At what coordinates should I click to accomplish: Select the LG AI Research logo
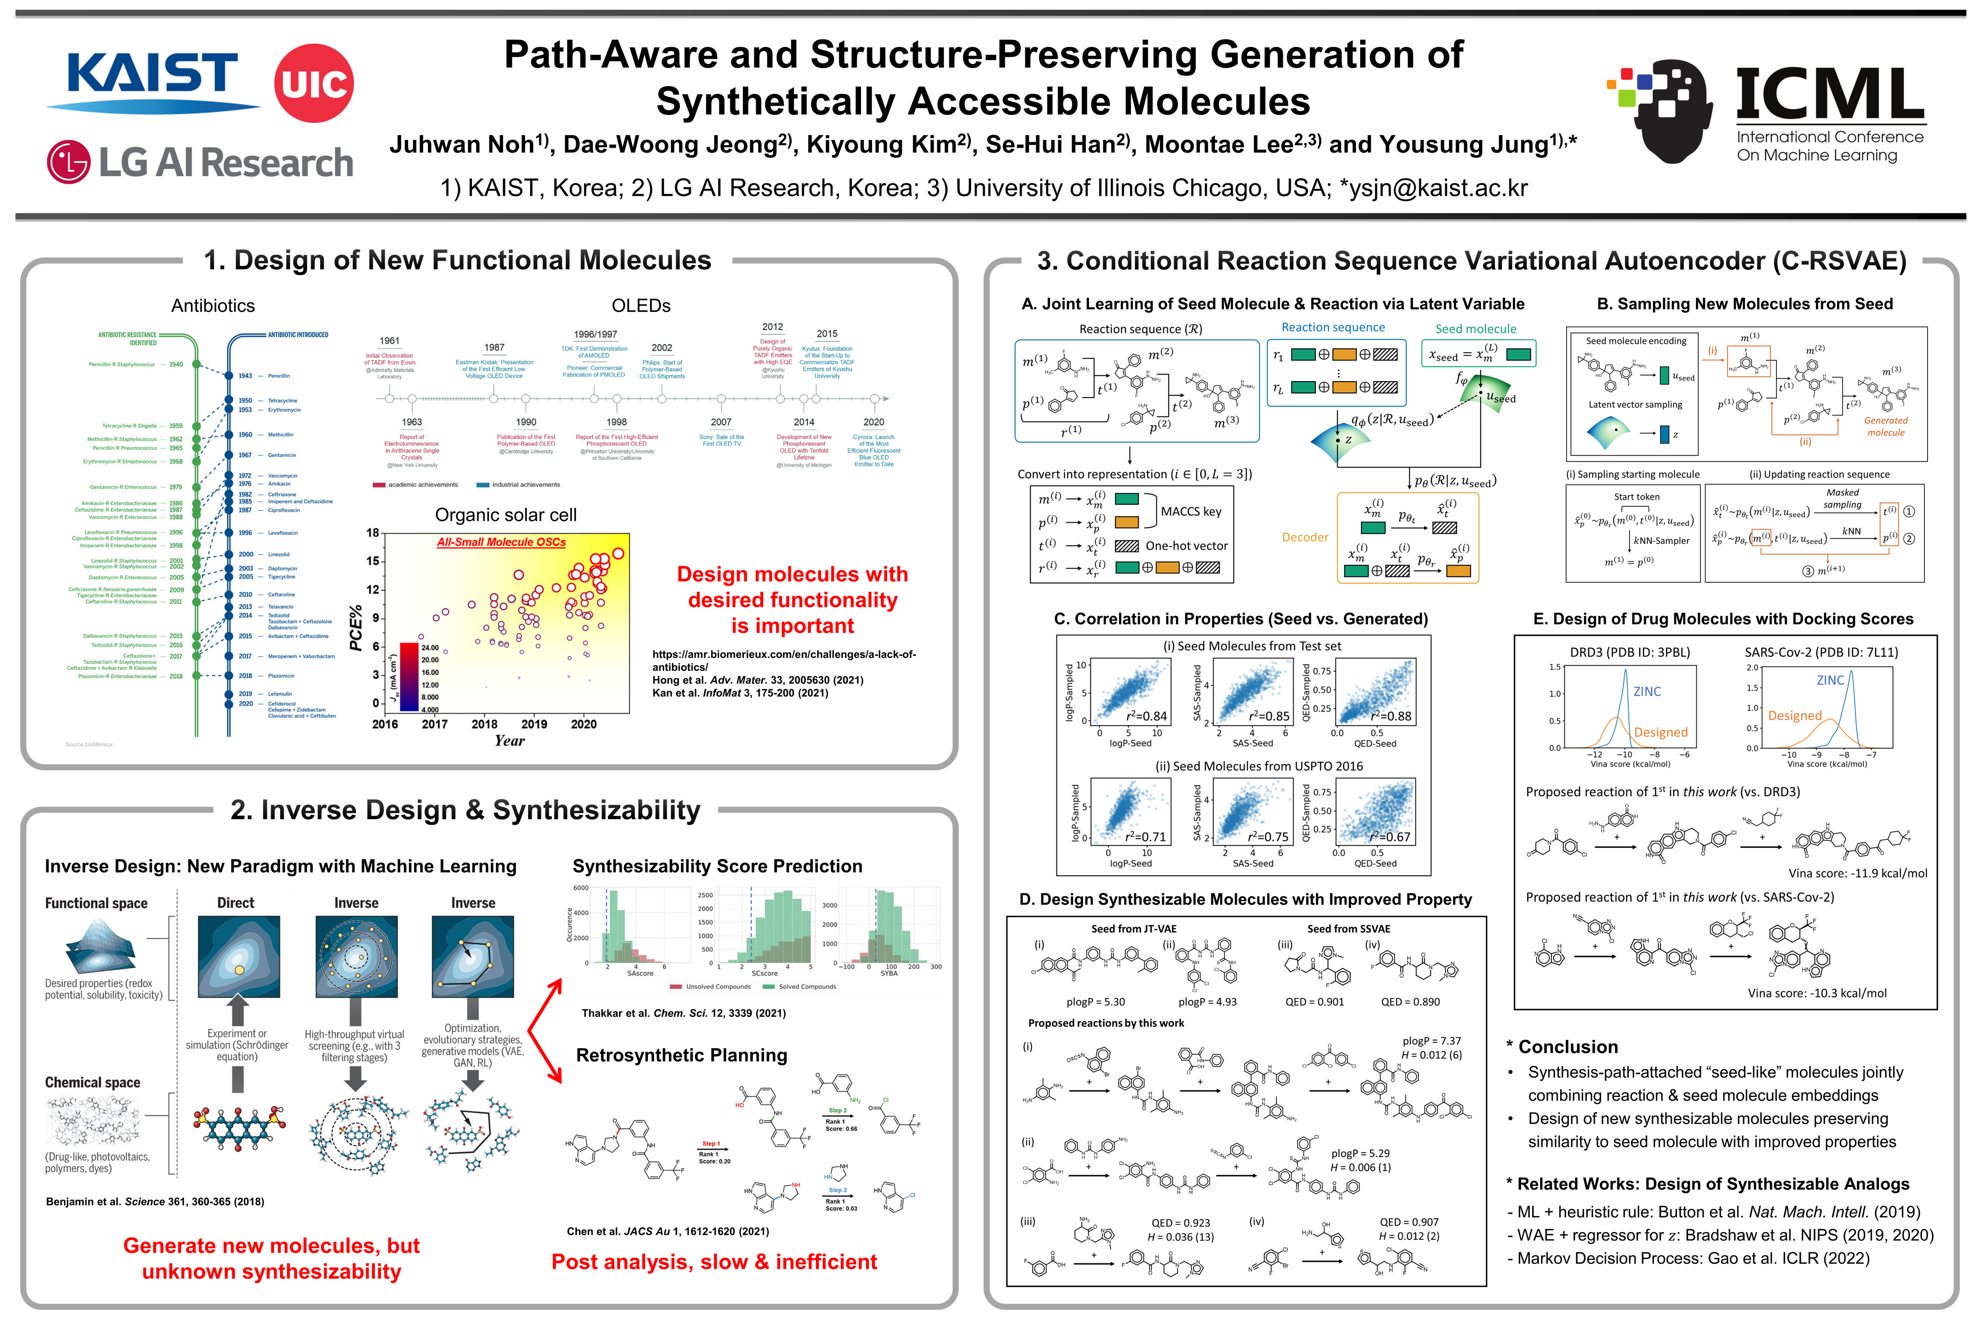coord(200,162)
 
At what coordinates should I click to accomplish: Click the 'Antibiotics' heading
coord(213,306)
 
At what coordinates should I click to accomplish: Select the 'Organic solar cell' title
coord(505,515)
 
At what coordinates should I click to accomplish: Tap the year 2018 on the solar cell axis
coord(484,724)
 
